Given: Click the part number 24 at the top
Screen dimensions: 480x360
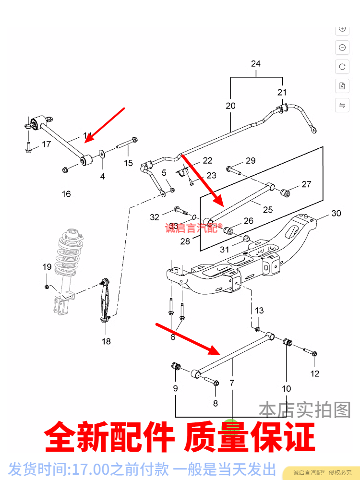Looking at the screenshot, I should (x=255, y=64).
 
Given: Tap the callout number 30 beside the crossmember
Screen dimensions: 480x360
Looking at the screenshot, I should (x=336, y=213).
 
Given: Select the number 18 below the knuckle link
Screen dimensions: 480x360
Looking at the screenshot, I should (x=106, y=341).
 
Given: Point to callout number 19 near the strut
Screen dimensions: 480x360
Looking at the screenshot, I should (x=47, y=267).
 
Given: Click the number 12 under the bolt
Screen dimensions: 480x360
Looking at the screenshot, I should (x=315, y=373).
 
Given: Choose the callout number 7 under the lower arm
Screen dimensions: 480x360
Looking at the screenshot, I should (x=232, y=383).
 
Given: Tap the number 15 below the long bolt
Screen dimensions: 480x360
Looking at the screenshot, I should (x=128, y=163).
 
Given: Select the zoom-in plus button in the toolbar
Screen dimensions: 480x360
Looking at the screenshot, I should (x=342, y=28).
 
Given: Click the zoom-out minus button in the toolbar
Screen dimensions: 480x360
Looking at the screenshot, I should (x=342, y=48).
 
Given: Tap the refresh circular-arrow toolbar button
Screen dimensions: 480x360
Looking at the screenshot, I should (x=342, y=67).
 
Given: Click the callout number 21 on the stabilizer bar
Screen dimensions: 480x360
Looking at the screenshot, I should (x=282, y=92).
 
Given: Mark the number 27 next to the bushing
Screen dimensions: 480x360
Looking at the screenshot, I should (x=306, y=184).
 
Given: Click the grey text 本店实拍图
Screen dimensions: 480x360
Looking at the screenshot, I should (x=305, y=409).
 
